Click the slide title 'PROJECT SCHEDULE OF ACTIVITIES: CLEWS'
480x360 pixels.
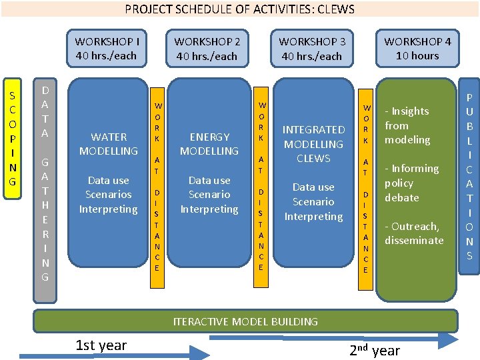click(x=240, y=9)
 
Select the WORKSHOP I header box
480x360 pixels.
click(x=107, y=49)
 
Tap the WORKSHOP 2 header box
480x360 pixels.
click(x=207, y=49)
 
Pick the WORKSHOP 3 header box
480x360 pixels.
click(x=312, y=49)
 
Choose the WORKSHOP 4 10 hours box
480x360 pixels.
click(x=417, y=49)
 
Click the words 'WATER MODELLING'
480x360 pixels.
click(x=108, y=144)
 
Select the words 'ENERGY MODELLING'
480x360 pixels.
click(x=209, y=144)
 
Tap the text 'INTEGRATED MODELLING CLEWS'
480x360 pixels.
click(x=313, y=144)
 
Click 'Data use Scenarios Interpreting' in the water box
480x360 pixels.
click(x=108, y=195)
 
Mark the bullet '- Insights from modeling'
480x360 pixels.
click(x=407, y=125)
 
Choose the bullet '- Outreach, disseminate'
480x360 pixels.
click(x=413, y=233)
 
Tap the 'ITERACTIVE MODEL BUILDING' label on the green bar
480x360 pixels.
click(x=245, y=321)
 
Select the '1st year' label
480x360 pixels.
click(x=101, y=345)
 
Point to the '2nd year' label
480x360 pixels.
click(x=375, y=351)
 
